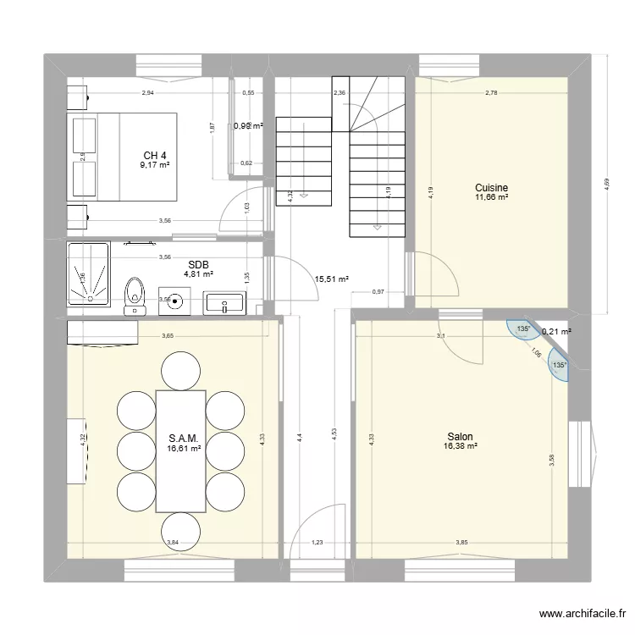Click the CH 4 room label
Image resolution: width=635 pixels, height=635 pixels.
(155, 155)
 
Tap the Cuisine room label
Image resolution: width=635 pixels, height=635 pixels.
(491, 187)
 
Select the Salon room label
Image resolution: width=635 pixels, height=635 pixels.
(460, 438)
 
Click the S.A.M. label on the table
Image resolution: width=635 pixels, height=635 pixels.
(184, 439)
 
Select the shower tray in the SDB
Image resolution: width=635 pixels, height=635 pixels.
(89, 273)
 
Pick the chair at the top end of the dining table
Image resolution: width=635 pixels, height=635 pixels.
(180, 369)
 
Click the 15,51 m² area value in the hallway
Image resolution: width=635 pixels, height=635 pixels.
(332, 278)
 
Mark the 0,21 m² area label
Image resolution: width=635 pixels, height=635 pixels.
(555, 332)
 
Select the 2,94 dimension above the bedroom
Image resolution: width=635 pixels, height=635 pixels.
(148, 92)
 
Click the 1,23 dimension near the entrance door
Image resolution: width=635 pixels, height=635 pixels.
(317, 542)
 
